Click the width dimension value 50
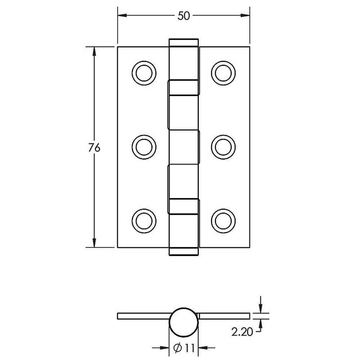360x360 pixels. click(x=183, y=16)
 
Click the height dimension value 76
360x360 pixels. click(x=94, y=148)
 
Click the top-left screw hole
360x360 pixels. click(x=144, y=73)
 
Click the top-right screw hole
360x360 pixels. click(x=223, y=73)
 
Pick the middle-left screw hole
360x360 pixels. click(x=144, y=147)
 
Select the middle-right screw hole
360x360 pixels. click(x=223, y=147)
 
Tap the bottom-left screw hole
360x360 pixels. click(x=144, y=220)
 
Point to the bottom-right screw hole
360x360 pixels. click(x=223, y=220)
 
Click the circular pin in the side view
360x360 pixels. click(x=184, y=321)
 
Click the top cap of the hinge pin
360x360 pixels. click(x=184, y=42)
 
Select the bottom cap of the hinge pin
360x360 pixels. click(x=184, y=252)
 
